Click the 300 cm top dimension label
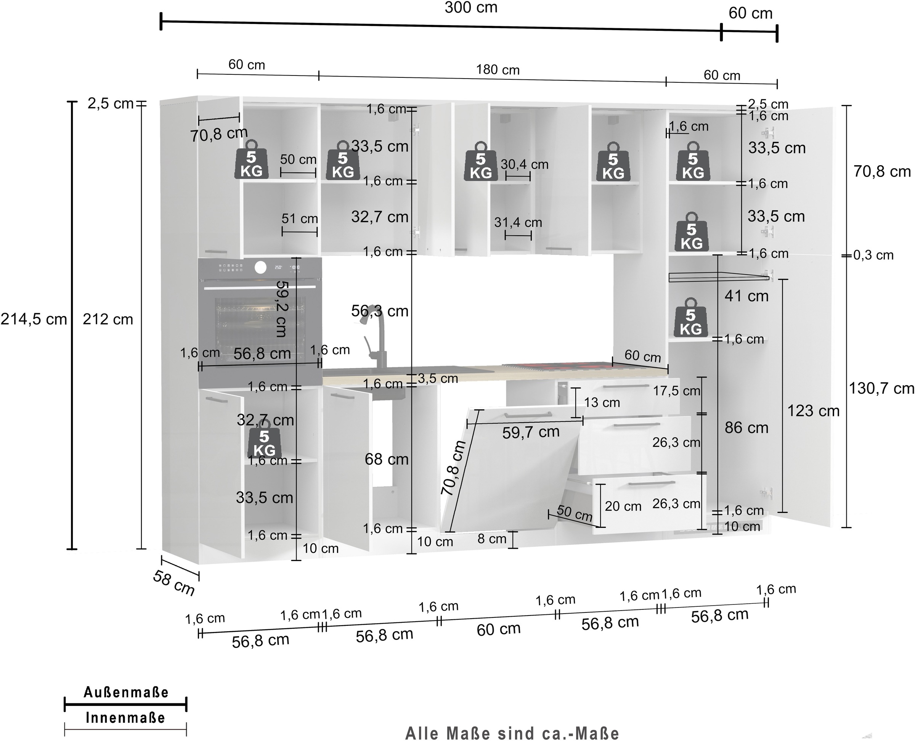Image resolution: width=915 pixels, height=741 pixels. coord(471,8)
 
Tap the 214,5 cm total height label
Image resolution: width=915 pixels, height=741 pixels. coord(33,319)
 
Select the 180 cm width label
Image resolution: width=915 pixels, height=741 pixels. coord(498,70)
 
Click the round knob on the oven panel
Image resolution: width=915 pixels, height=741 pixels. coord(260,267)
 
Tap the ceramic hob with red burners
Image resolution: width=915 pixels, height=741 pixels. coord(555,366)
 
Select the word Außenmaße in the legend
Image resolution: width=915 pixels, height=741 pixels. coord(126,692)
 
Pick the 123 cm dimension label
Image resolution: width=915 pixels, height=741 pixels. coord(813,411)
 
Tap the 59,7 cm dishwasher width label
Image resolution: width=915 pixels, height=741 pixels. coord(530,432)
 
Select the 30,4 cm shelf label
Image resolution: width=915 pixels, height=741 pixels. coord(524,164)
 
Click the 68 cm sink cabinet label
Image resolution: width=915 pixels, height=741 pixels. coord(386,459)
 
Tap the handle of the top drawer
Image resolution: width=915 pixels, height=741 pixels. coord(626,386)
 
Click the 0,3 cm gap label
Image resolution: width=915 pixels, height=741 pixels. coord(873,255)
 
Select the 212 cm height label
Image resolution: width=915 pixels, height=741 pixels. coord(108,319)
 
